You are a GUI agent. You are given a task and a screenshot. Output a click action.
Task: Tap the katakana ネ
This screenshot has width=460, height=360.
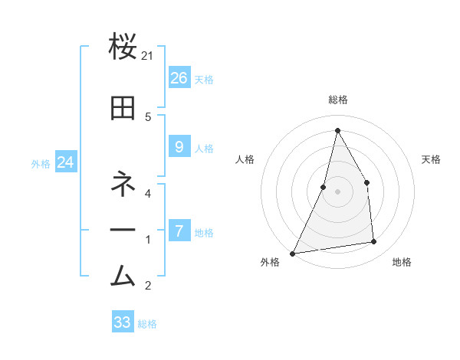pyautogui.click(x=123, y=185)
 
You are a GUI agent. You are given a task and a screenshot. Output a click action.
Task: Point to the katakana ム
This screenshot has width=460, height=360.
pyautogui.click(x=123, y=274)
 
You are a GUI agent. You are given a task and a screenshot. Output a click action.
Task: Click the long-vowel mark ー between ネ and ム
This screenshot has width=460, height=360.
pyautogui.click(x=123, y=230)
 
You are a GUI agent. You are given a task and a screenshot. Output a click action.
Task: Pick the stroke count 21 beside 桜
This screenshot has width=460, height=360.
pyautogui.click(x=149, y=56)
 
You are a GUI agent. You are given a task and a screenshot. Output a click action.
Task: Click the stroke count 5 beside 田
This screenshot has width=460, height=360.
pyautogui.click(x=148, y=116)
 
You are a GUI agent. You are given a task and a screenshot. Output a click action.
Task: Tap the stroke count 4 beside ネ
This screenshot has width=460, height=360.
pyautogui.click(x=148, y=193)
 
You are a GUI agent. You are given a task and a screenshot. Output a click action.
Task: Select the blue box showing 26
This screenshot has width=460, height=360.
pyautogui.click(x=179, y=78)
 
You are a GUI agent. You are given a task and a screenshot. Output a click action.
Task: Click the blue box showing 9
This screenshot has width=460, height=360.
pyautogui.click(x=179, y=147)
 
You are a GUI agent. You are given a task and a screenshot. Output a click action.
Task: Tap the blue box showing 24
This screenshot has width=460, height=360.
pyautogui.click(x=65, y=162)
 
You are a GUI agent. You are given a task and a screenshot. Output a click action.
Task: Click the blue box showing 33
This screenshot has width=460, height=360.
pyautogui.click(x=123, y=322)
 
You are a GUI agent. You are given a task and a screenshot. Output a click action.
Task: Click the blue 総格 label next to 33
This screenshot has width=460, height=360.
pyautogui.click(x=147, y=324)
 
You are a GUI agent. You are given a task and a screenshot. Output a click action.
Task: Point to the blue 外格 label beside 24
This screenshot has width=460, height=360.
pyautogui.click(x=41, y=163)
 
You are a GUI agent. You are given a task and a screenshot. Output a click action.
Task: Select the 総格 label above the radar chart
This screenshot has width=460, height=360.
pyautogui.click(x=337, y=100)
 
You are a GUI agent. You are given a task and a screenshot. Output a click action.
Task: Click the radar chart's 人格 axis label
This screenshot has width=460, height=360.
pyautogui.click(x=245, y=159)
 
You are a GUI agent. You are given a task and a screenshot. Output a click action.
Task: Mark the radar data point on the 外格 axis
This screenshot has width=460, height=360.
pyautogui.click(x=292, y=253)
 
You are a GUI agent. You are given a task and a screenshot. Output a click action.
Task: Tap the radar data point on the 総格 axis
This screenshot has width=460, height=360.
pyautogui.click(x=337, y=130)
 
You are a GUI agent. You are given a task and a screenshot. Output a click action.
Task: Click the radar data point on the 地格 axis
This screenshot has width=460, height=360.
pyautogui.click(x=373, y=241)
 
